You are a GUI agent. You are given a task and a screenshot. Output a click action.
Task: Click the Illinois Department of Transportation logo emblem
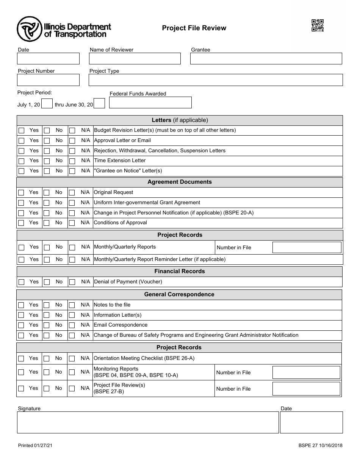click(29, 29)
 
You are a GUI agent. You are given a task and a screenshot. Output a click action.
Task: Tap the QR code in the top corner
click(318, 25)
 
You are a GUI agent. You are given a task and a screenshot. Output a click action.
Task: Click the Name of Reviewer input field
click(135, 59)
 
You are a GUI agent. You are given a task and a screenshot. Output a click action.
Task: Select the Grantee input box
click(266, 59)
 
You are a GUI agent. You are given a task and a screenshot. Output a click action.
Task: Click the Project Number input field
click(48, 80)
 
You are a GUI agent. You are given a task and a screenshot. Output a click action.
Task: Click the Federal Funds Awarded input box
click(150, 103)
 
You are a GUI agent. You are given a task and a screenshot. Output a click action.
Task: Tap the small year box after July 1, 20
click(47, 104)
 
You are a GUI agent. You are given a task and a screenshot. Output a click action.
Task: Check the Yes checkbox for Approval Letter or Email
click(22, 141)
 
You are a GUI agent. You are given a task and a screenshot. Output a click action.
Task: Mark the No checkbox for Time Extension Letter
click(47, 161)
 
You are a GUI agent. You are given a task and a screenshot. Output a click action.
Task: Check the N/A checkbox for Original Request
click(72, 192)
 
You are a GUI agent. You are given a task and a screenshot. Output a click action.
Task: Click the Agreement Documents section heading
click(180, 182)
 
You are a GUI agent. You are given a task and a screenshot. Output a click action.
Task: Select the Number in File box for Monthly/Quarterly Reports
click(307, 247)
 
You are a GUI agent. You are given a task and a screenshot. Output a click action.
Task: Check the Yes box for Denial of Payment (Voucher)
click(22, 282)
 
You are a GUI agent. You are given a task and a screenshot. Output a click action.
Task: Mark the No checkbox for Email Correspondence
click(47, 325)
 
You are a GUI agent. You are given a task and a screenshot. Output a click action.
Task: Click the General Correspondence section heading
click(179, 294)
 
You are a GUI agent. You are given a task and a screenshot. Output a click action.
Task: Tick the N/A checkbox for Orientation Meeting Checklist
click(72, 358)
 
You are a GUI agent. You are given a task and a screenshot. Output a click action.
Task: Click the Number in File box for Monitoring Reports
click(306, 372)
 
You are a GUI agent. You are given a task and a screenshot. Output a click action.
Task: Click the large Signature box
click(148, 422)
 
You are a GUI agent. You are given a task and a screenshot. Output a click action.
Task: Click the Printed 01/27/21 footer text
click(35, 446)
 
